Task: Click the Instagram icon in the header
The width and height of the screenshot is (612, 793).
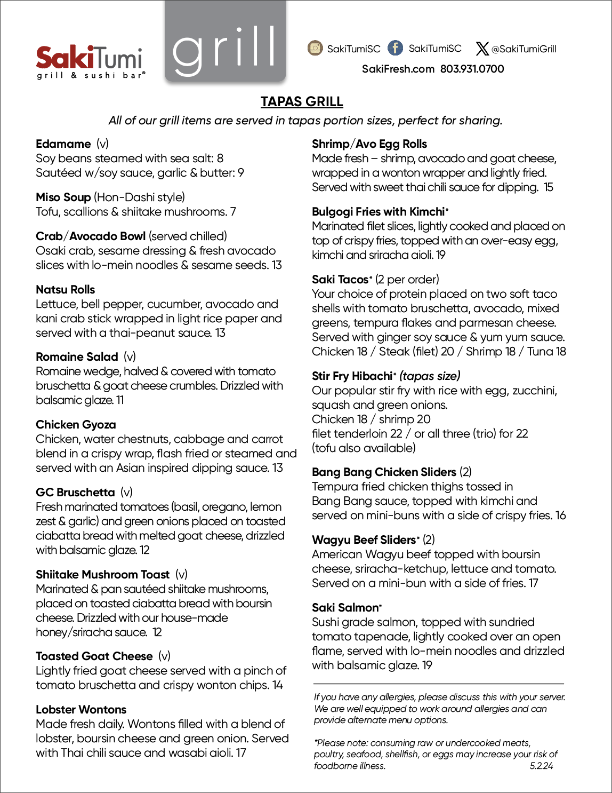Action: tap(315, 48)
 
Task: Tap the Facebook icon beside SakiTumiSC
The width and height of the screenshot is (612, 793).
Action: tap(395, 48)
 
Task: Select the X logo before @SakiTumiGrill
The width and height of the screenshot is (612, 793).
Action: tap(482, 49)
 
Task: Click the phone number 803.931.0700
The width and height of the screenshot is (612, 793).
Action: tap(472, 69)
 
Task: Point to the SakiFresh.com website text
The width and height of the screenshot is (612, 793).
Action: tap(398, 69)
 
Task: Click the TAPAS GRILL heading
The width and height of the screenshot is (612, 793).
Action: tap(302, 101)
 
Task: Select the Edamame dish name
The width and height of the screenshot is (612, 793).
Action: tap(63, 144)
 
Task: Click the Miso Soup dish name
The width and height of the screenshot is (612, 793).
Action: tap(63, 197)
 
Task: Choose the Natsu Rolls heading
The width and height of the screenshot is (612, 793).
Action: tap(65, 290)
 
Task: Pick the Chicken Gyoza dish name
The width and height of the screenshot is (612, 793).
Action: tap(76, 425)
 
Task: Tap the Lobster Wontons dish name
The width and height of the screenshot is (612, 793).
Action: tap(81, 710)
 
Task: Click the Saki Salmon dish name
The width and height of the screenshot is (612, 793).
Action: tap(345, 608)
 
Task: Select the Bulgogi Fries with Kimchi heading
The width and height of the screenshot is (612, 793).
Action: tap(378, 212)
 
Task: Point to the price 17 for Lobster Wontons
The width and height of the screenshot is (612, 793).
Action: tap(241, 753)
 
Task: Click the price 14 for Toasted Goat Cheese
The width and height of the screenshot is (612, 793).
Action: tap(278, 685)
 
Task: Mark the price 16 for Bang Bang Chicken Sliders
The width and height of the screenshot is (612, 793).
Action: tap(560, 516)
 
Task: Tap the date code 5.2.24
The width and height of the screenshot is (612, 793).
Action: tap(542, 766)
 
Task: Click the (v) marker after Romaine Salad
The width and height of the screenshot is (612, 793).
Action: tap(130, 357)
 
